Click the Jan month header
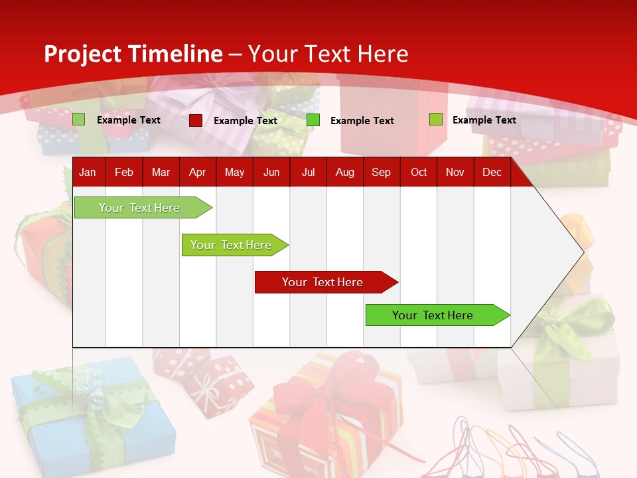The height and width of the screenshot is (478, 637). [88, 172]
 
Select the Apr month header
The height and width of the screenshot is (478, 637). [197, 172]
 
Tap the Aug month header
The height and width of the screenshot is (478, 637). [344, 172]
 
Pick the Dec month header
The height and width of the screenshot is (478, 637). [492, 172]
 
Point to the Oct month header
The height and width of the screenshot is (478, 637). [418, 172]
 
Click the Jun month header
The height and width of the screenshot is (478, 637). [271, 172]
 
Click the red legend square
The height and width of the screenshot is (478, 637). [195, 120]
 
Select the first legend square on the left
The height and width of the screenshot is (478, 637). [78, 119]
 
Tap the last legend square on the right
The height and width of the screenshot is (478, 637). [435, 119]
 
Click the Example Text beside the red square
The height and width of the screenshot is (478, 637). [245, 121]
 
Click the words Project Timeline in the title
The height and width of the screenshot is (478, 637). [133, 54]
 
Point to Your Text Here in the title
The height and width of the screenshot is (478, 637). [328, 54]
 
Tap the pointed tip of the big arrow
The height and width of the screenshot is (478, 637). [582, 252]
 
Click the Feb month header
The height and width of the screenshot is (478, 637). [123, 172]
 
